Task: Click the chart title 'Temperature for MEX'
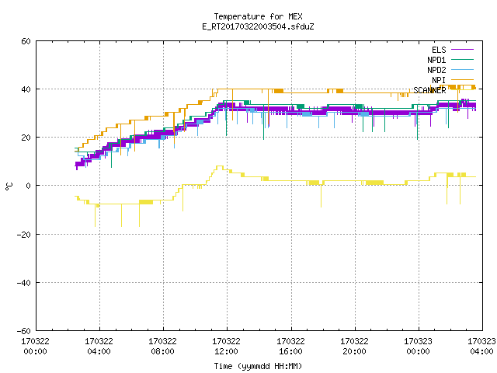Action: click(x=258, y=16)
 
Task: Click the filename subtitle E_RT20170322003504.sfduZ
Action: click(x=258, y=26)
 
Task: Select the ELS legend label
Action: click(x=439, y=50)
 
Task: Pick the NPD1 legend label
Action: click(x=436, y=60)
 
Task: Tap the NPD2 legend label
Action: click(x=436, y=70)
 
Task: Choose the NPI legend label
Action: click(x=439, y=80)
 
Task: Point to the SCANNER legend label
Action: click(x=429, y=90)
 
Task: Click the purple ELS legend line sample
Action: click(x=462, y=50)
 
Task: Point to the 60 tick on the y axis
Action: click(x=26, y=41)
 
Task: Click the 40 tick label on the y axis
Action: click(x=26, y=89)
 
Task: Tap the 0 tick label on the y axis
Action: click(x=29, y=186)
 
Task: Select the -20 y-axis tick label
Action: click(x=24, y=235)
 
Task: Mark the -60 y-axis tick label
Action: click(x=24, y=331)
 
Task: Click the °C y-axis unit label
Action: click(x=9, y=186)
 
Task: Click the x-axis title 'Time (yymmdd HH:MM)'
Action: click(x=258, y=366)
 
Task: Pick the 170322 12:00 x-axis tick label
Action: click(x=226, y=347)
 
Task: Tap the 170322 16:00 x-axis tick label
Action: click(x=290, y=347)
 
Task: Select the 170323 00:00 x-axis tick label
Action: click(x=418, y=347)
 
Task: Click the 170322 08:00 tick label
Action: click(x=162, y=347)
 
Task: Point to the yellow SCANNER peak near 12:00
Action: click(x=219, y=166)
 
